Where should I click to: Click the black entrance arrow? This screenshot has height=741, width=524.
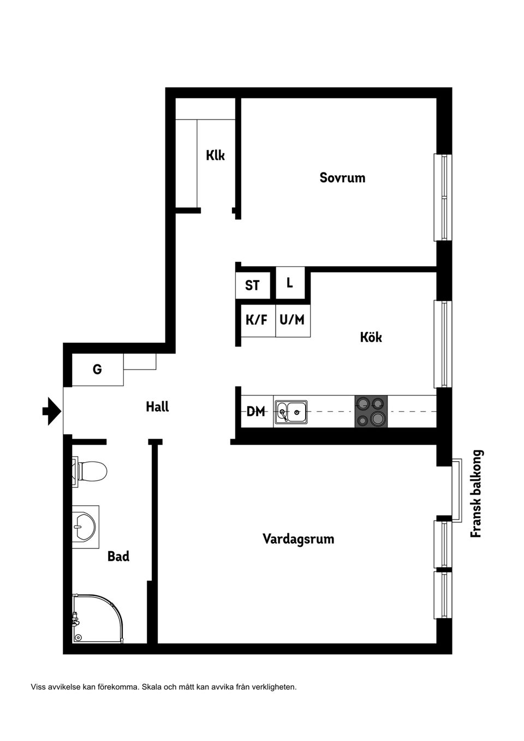pyautogui.click(x=51, y=411)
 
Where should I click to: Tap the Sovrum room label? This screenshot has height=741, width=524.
pyautogui.click(x=342, y=178)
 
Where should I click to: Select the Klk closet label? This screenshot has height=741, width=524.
pyautogui.click(x=215, y=156)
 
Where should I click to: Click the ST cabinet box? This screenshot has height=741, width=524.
pyautogui.click(x=252, y=285)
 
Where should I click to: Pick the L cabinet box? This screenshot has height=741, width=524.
pyautogui.click(x=290, y=283)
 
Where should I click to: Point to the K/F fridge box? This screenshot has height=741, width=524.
pyautogui.click(x=257, y=320)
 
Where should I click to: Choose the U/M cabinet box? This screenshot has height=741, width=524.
pyautogui.click(x=292, y=320)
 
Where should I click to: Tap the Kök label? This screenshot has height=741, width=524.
pyautogui.click(x=371, y=337)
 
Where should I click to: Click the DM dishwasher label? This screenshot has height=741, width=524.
pyautogui.click(x=255, y=411)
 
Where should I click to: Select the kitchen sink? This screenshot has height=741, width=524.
pyautogui.click(x=291, y=411)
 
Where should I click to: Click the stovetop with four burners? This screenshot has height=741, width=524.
pyautogui.click(x=371, y=411)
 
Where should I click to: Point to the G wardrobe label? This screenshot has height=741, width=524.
pyautogui.click(x=97, y=370)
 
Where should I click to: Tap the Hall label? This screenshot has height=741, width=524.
pyautogui.click(x=157, y=407)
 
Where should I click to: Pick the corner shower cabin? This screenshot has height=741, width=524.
pyautogui.click(x=96, y=619)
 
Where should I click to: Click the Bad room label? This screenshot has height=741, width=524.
pyautogui.click(x=118, y=557)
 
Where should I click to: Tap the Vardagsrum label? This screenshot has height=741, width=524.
pyautogui.click(x=298, y=539)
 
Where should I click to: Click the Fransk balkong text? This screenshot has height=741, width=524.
pyautogui.click(x=477, y=494)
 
